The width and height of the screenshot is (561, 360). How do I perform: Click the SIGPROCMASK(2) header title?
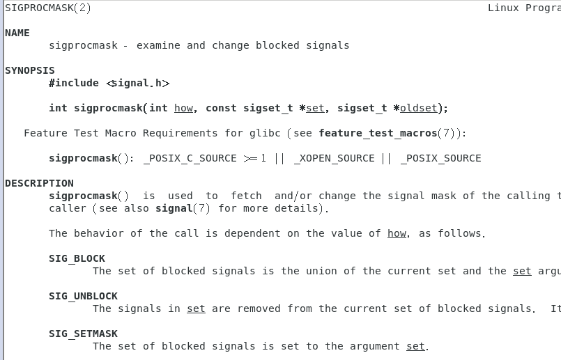click(x=47, y=8)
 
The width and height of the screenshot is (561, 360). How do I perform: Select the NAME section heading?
click(x=17, y=33)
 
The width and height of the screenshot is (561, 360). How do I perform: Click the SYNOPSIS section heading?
click(x=30, y=70)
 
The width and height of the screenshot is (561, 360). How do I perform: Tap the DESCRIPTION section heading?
click(x=39, y=183)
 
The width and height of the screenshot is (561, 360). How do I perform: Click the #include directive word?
click(x=74, y=83)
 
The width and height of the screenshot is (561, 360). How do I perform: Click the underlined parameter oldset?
click(x=418, y=108)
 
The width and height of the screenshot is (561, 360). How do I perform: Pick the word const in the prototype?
click(x=221, y=108)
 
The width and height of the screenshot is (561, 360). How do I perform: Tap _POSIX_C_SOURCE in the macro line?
click(x=190, y=158)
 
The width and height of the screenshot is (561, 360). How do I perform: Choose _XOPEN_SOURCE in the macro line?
click(x=335, y=158)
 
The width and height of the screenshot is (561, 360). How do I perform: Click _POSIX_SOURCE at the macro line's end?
click(x=440, y=158)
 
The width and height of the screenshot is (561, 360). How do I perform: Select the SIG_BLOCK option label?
click(x=77, y=258)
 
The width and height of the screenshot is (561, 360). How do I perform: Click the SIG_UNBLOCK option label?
click(x=83, y=296)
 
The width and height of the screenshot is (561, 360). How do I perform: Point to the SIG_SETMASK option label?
click(x=83, y=334)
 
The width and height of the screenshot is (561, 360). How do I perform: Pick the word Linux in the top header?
click(x=503, y=8)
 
